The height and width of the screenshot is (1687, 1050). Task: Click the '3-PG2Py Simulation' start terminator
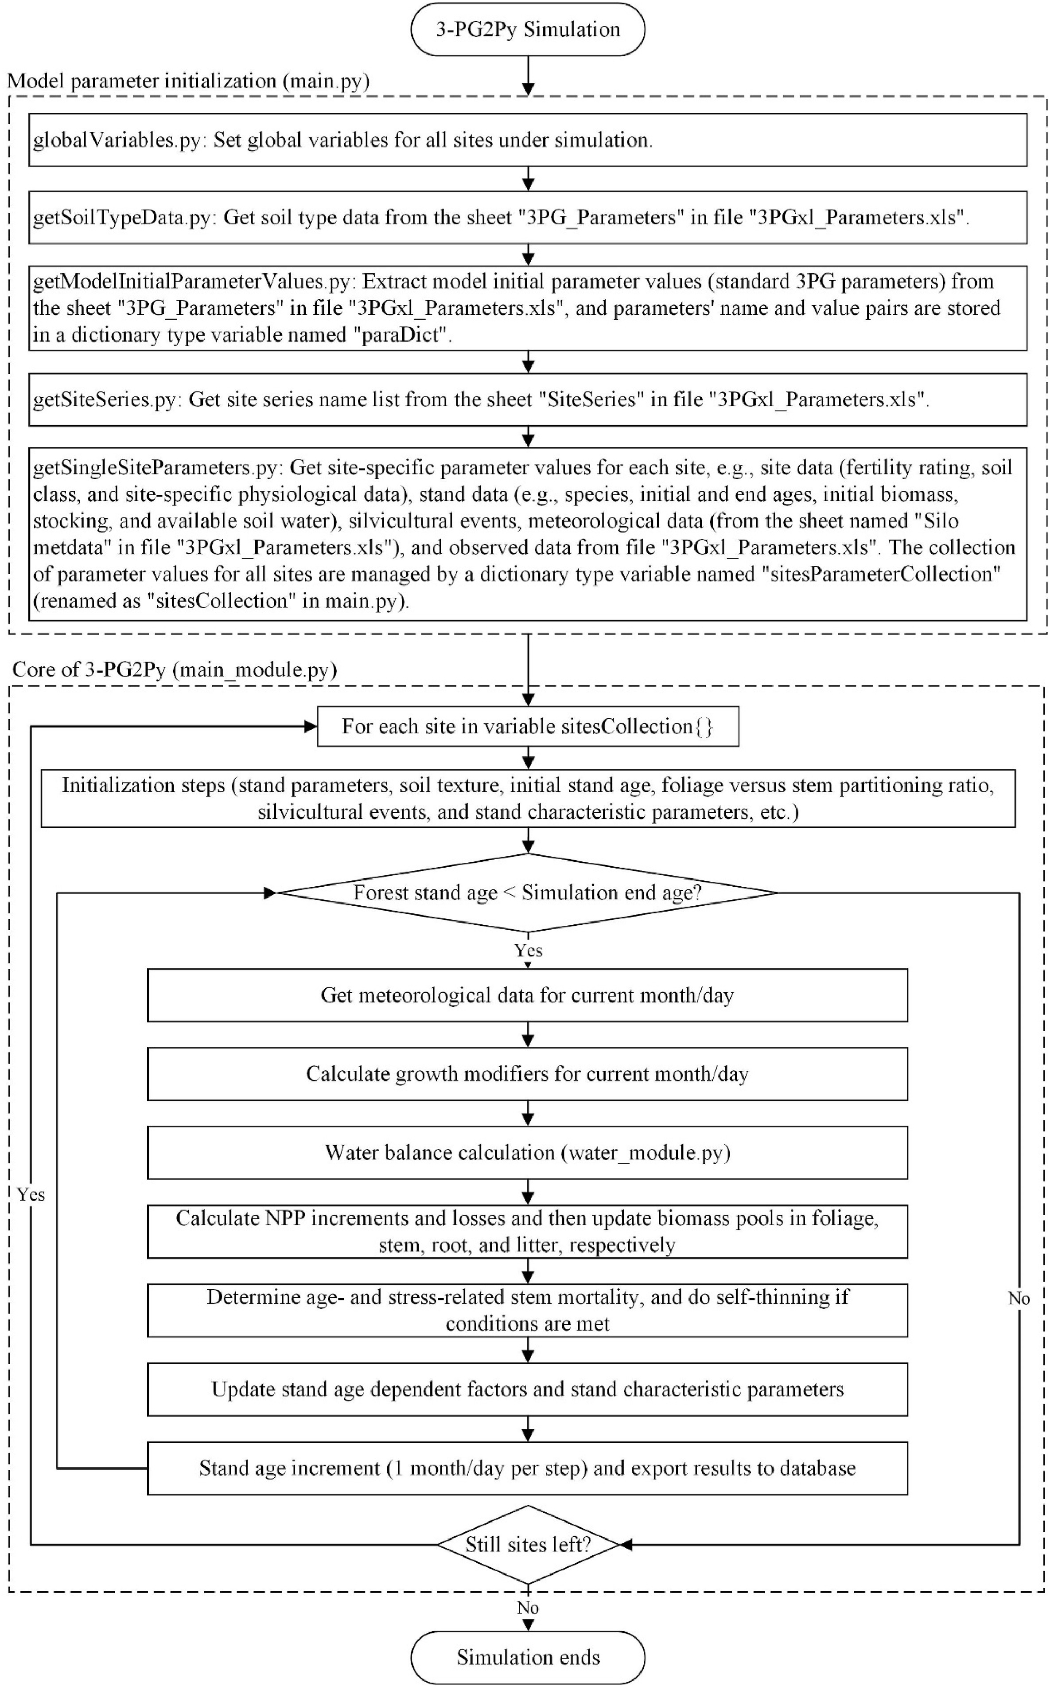528,29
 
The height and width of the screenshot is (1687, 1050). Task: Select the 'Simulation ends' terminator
528,1657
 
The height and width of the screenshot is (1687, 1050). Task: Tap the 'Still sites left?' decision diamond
528,1545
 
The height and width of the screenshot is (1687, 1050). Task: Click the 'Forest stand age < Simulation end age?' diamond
528,893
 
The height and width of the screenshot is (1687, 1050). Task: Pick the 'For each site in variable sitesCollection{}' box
528,727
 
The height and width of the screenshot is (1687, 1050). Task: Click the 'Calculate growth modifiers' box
528,1074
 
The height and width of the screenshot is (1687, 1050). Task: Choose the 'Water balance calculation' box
528,1153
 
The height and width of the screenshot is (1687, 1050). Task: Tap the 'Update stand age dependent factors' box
528,1390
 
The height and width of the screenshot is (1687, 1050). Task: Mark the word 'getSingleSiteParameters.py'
158,468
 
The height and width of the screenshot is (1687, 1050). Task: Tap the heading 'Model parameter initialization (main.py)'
188,81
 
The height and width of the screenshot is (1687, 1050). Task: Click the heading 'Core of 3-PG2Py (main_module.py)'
175,670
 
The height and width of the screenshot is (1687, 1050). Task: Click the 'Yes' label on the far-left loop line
31,1194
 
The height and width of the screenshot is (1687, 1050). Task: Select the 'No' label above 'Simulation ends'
528,1608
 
